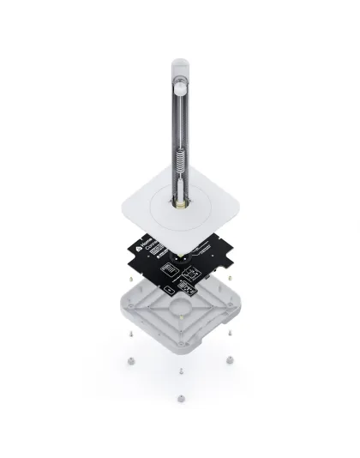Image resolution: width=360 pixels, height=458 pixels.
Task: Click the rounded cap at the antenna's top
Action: [180, 63]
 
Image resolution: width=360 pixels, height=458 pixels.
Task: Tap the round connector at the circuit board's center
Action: [181, 255]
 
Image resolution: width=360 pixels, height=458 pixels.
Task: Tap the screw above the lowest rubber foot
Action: [181, 369]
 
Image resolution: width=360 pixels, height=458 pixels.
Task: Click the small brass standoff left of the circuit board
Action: [127, 278]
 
